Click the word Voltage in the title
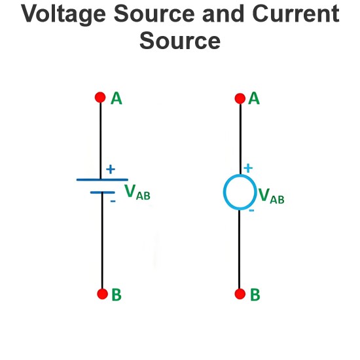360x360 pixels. (63, 14)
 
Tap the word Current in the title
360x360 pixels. (296, 14)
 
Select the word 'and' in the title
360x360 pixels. (223, 14)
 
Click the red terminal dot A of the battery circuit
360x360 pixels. (100, 98)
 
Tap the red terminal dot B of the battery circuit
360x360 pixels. (102, 294)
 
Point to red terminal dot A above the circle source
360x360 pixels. (240, 98)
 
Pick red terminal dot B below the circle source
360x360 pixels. (240, 294)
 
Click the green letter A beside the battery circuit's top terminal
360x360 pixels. (117, 98)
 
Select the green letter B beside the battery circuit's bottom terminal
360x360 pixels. (117, 295)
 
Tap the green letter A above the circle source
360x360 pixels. (254, 98)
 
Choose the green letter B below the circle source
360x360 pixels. (255, 295)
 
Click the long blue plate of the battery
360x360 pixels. (102, 179)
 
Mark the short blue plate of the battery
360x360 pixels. (102, 192)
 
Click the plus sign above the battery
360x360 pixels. (111, 170)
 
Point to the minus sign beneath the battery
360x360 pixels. (113, 202)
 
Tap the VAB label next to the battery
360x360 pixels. (137, 192)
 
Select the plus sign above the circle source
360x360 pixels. (248, 168)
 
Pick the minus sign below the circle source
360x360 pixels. (251, 210)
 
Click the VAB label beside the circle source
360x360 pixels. (272, 196)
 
